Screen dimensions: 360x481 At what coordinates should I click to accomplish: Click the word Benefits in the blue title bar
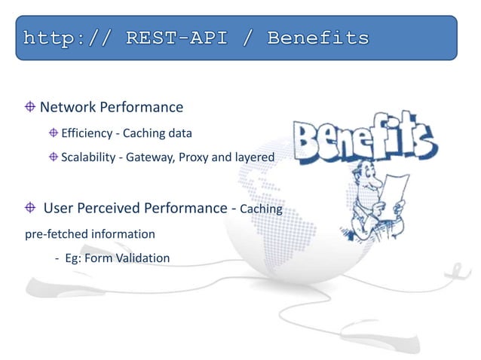[x=317, y=37]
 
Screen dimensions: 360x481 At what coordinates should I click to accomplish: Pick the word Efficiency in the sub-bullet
[x=86, y=133]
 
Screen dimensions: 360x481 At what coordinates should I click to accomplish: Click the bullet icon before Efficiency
[x=53, y=133]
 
